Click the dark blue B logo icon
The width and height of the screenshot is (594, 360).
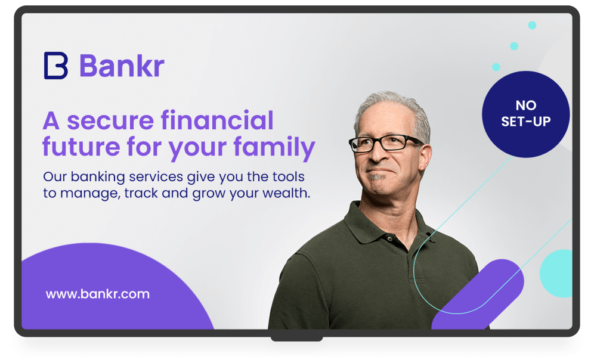[x=56, y=66]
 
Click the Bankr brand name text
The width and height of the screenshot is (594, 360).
[x=122, y=66]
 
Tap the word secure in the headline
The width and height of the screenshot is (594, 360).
[x=110, y=121]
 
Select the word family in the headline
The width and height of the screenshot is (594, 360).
[x=274, y=147]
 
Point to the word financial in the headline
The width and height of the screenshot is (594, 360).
[x=217, y=120]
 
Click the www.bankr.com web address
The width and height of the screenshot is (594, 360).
[x=98, y=294]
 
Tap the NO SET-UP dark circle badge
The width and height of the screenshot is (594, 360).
[x=526, y=114]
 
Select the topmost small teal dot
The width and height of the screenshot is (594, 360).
[x=532, y=26]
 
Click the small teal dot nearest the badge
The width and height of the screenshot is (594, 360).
[x=496, y=67]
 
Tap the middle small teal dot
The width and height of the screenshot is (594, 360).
[x=514, y=46]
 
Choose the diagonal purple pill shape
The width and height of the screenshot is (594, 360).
[x=478, y=294]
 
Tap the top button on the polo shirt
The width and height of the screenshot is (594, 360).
[x=389, y=238]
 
